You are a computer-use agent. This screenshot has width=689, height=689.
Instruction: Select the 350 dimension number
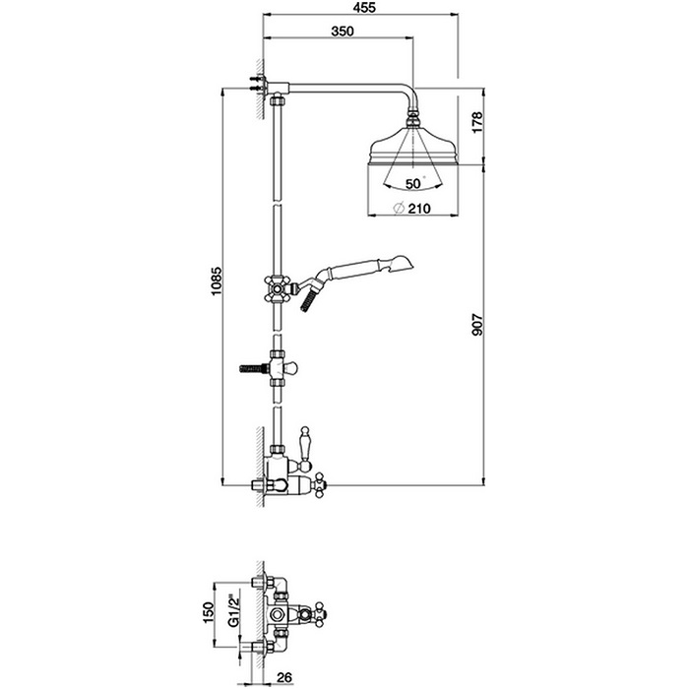343,31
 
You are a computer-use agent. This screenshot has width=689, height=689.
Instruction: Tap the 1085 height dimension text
217,281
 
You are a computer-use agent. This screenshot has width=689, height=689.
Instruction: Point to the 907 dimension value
476,325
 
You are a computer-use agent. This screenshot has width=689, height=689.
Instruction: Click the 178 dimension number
476,122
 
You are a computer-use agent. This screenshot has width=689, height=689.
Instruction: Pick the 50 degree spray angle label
413,184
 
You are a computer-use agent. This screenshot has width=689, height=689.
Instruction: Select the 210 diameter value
419,209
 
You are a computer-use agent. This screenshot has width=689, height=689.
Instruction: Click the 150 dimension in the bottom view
208,612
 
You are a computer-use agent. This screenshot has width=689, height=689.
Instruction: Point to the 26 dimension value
284,678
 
